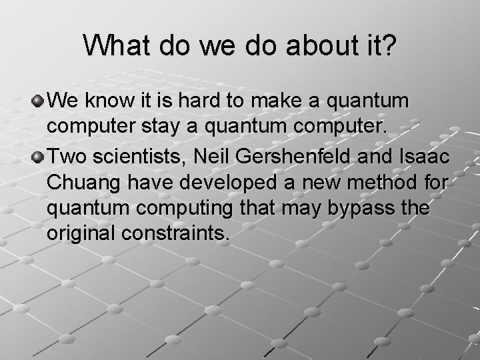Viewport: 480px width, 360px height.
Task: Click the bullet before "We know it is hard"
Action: coord(39,101)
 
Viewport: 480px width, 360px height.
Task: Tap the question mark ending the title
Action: coord(388,46)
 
